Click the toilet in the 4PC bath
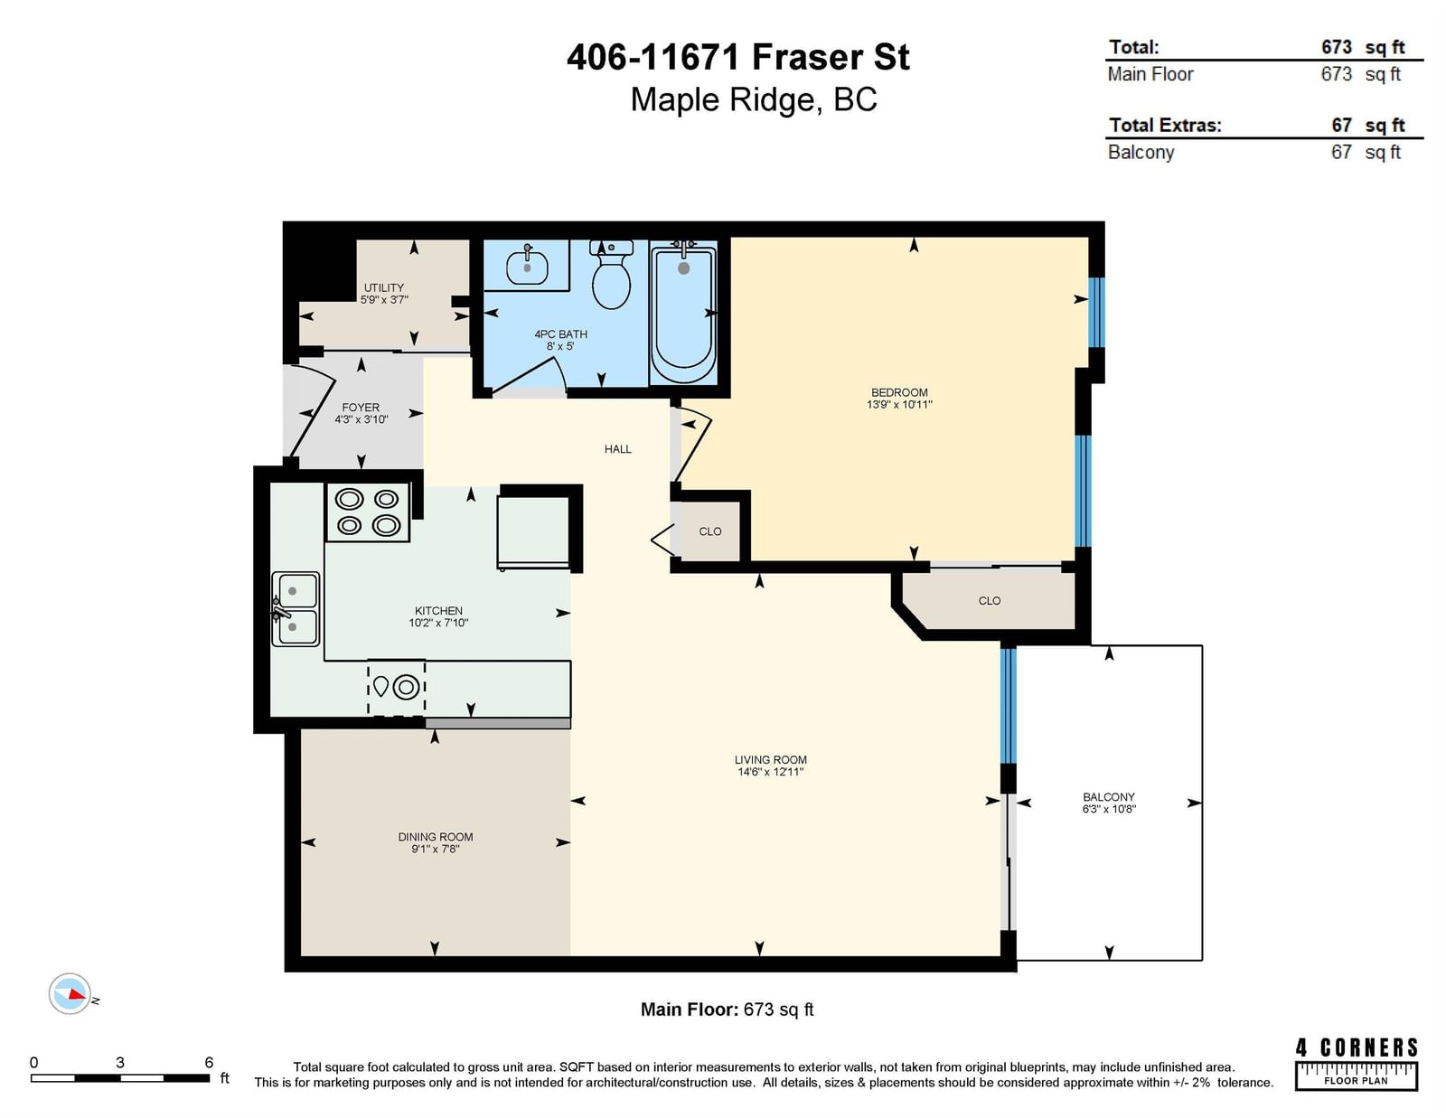pos(611,274)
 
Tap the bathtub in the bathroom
pos(683,313)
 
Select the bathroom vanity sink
pos(527,267)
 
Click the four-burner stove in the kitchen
pos(367,512)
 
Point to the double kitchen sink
pos(296,609)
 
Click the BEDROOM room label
pos(899,392)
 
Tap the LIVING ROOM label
pos(771,759)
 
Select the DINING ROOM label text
pos(436,837)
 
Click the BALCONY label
pos(1109,796)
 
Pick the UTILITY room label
pos(384,287)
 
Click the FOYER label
pos(361,408)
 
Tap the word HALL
pos(618,449)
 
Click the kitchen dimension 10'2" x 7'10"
pos(438,623)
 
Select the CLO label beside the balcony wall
pos(990,601)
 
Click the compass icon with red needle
pos(70,994)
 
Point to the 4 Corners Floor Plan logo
pos(1357,1064)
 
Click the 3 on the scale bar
pos(120,1062)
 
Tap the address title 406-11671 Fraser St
pos(738,57)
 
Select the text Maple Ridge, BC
pos(754,99)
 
